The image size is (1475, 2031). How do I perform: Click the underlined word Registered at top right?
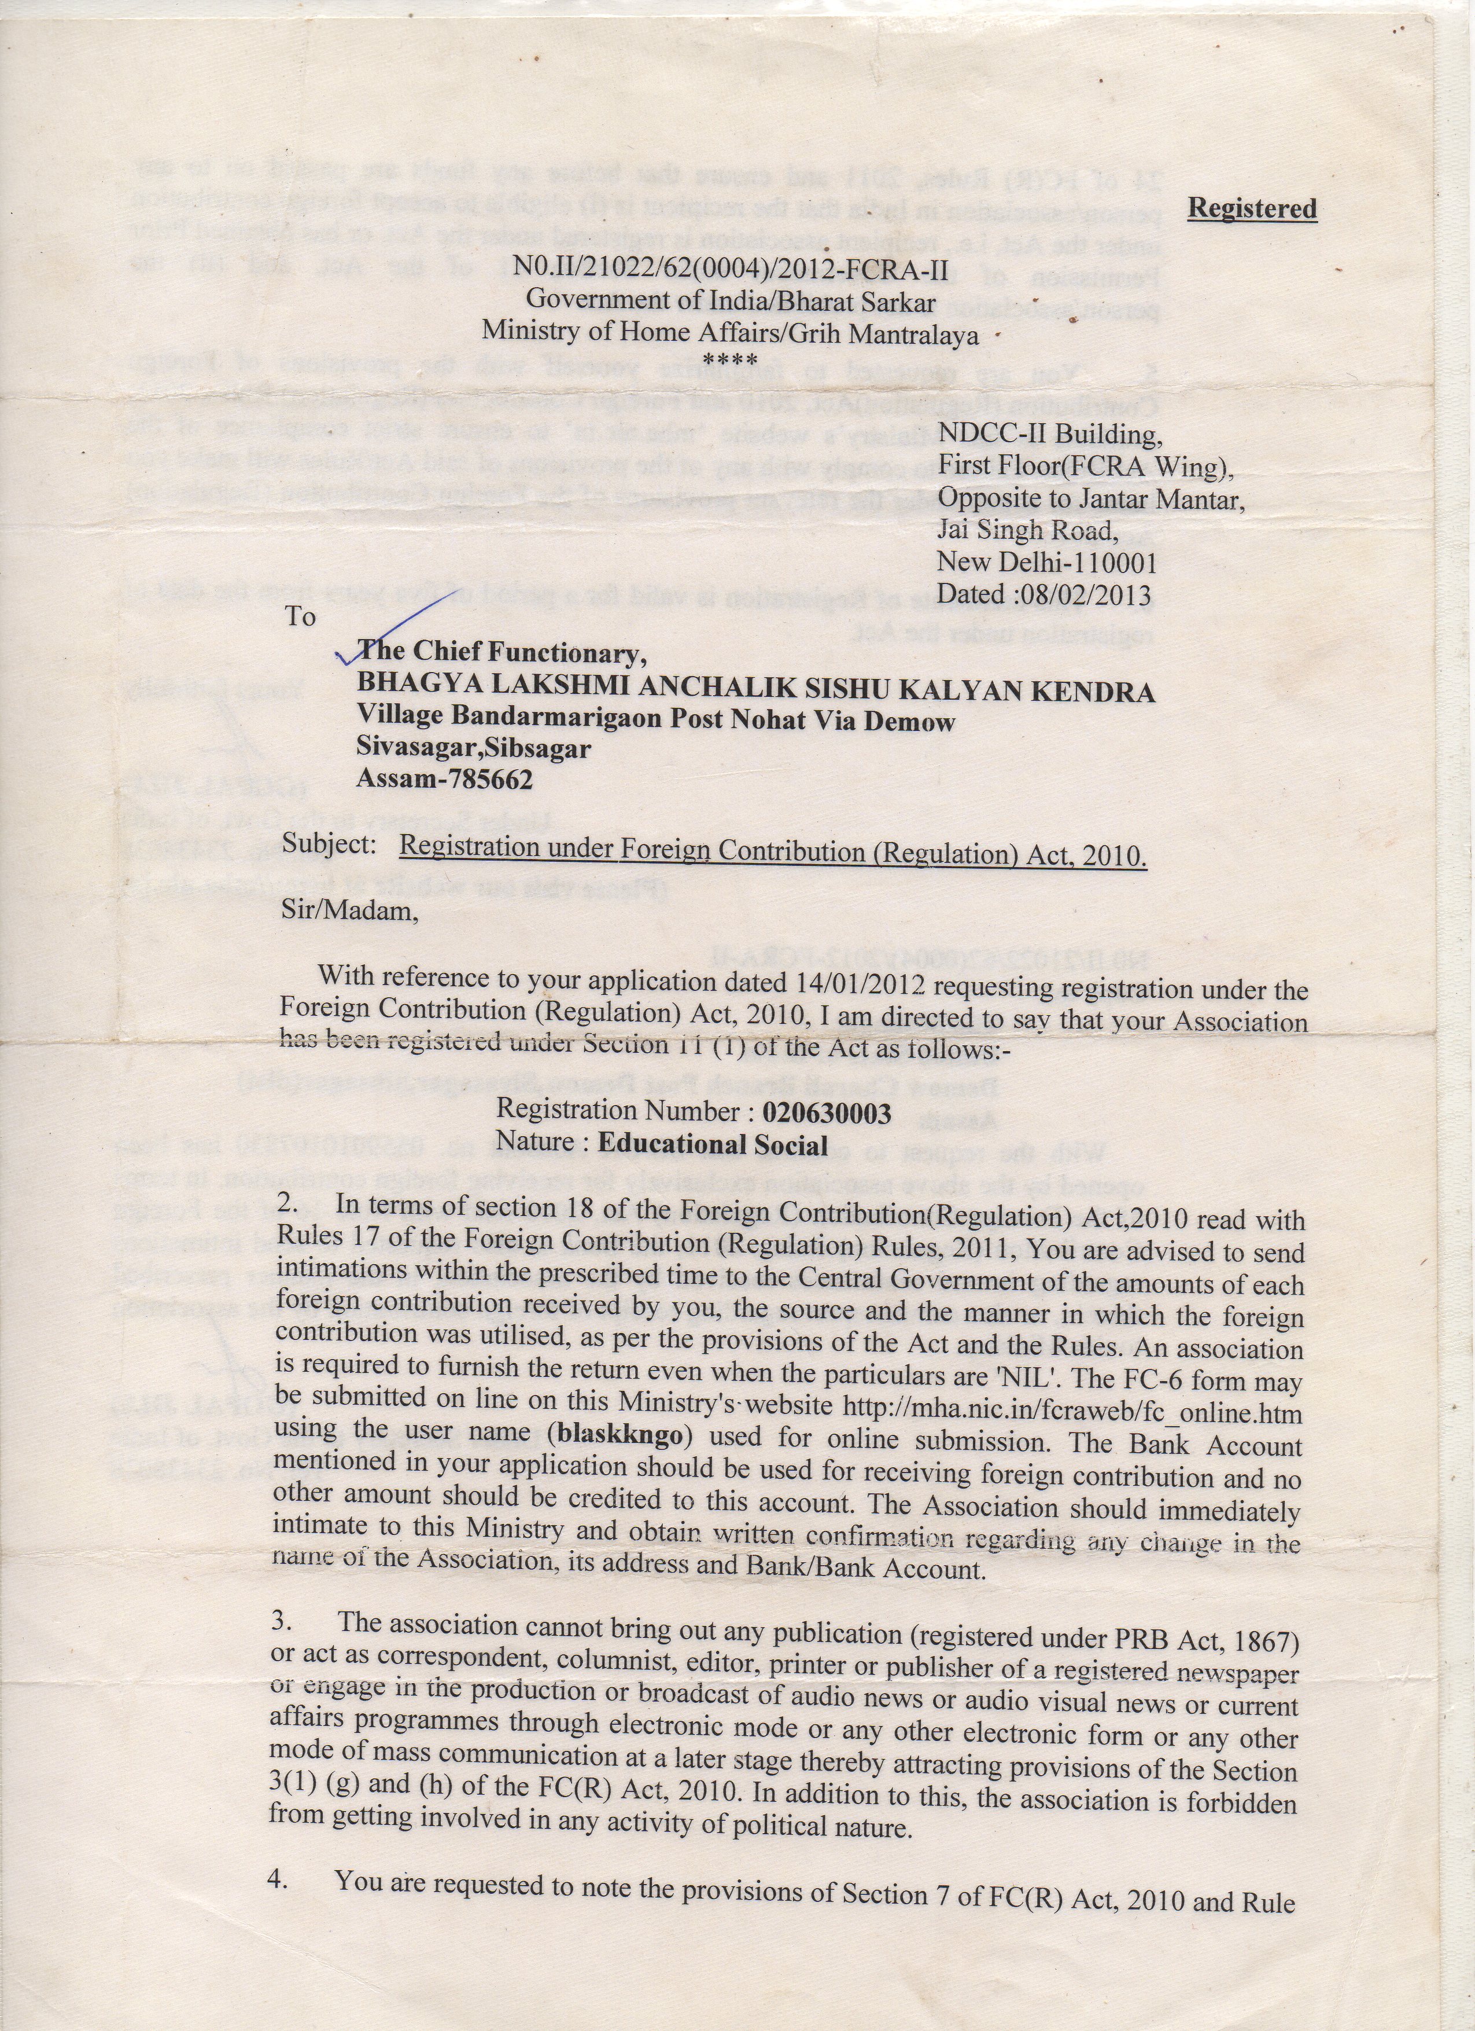tap(1251, 208)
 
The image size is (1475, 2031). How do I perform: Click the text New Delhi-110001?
tap(1046, 563)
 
